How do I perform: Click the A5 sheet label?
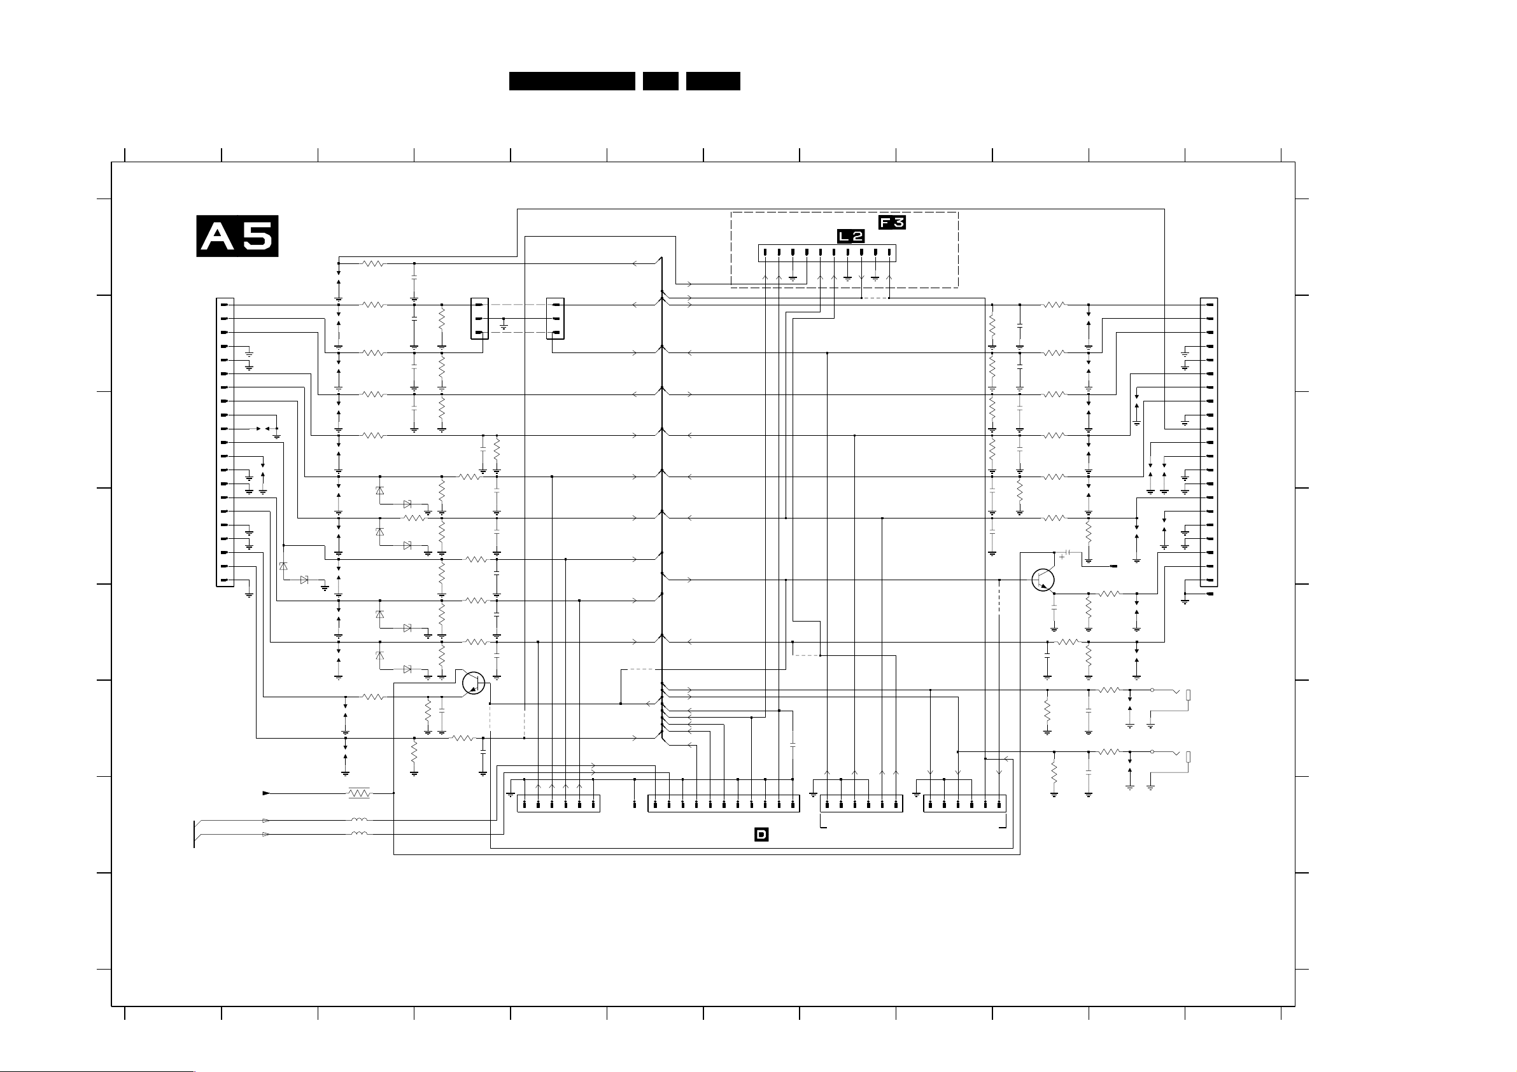(x=237, y=236)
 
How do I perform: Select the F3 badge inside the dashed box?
(x=891, y=223)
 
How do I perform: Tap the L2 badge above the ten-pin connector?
(x=851, y=236)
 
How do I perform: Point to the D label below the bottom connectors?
(x=761, y=835)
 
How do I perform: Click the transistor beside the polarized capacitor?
(x=1043, y=580)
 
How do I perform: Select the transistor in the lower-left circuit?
(x=474, y=683)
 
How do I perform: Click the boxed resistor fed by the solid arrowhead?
(x=359, y=793)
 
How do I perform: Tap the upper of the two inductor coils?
(x=359, y=820)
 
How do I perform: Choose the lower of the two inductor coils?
(x=359, y=834)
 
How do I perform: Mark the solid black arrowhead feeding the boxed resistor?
(x=266, y=793)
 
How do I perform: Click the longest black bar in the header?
(x=572, y=81)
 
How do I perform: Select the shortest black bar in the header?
(x=660, y=81)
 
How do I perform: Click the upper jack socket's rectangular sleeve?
(x=1189, y=695)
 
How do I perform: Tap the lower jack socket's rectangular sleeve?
(x=1189, y=757)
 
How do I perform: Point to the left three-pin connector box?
(x=480, y=318)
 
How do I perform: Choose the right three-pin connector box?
(x=556, y=318)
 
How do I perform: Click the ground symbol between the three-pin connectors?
(x=504, y=325)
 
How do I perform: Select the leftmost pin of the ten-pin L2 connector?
(x=765, y=253)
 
